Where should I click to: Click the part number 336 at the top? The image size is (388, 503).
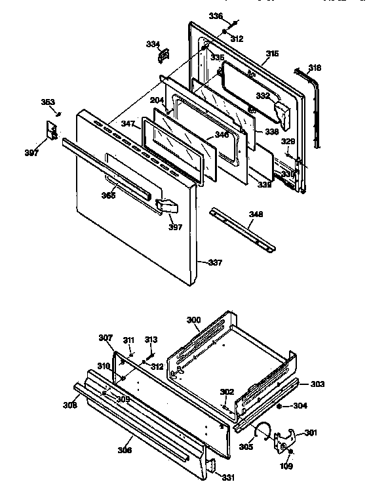tap(216, 16)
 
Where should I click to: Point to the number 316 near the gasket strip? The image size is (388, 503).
tap(315, 68)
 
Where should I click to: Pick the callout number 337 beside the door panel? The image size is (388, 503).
tap(214, 263)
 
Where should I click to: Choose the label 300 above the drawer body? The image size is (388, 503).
tap(193, 319)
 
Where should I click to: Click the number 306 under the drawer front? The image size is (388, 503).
tap(125, 450)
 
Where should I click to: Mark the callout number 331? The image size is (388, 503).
tap(227, 477)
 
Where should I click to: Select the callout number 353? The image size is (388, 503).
tap(48, 102)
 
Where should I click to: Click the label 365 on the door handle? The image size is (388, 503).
tap(109, 195)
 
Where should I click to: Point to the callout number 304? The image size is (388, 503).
tap(300, 405)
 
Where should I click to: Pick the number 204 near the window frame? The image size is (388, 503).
tap(157, 101)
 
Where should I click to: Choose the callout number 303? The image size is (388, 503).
tap(317, 384)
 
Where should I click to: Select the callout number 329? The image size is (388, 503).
tap(288, 141)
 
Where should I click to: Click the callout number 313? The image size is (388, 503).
tap(151, 340)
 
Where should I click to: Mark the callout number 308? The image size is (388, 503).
tap(70, 406)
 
